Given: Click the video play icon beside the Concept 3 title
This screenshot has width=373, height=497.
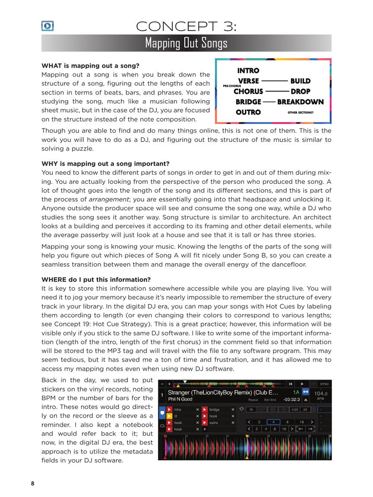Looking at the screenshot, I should (47, 26).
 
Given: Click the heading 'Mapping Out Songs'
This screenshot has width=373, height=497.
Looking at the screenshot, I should (186, 43).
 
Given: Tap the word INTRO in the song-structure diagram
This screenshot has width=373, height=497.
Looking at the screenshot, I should (248, 71).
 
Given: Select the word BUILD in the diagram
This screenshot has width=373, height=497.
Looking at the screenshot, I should (300, 81).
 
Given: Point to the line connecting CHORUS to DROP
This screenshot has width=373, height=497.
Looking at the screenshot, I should (277, 91).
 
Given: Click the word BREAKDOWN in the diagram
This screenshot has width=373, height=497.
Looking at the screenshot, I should (300, 102).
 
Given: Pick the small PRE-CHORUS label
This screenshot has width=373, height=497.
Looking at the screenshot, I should (232, 86).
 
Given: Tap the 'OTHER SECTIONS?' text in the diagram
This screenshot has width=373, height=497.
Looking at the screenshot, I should (300, 113).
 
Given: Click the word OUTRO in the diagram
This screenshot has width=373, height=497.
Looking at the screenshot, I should (248, 112).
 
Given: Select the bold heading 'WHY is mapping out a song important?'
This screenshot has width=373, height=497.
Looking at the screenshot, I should (105, 164).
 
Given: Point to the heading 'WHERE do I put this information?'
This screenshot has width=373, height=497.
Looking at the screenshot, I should (96, 280).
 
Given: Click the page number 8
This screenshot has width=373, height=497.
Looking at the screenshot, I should (32, 484).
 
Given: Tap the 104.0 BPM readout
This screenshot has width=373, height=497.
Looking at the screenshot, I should (320, 393).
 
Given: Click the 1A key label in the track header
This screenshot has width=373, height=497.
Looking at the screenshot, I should (296, 392).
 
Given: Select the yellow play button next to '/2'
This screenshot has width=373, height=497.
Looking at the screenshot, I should (170, 416).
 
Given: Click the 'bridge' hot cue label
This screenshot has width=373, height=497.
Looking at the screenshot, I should (215, 409).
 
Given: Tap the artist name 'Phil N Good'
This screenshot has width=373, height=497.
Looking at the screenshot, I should (180, 399).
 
